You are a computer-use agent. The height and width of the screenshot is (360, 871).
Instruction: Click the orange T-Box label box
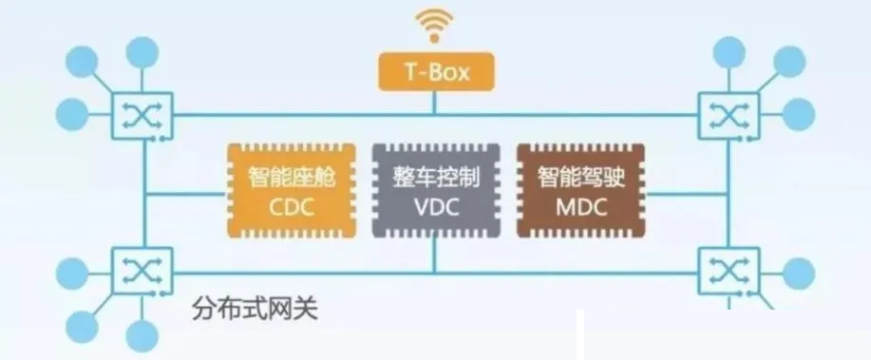pos(436,71)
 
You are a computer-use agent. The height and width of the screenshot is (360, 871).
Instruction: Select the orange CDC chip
pos(292,191)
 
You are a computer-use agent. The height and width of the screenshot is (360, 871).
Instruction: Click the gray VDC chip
pos(436,191)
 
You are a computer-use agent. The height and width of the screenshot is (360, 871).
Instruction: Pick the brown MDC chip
pos(581,191)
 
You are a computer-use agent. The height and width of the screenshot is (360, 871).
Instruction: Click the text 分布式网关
pos(255,309)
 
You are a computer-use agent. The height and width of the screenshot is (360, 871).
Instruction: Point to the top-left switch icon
pos(142,116)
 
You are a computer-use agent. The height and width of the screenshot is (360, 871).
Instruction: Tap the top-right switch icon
pos(729,116)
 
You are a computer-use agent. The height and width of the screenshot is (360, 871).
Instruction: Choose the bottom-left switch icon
pos(142,271)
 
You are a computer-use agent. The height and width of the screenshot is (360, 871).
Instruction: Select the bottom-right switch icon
pos(729,271)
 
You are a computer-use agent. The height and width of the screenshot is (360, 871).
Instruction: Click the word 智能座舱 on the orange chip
pos(292,178)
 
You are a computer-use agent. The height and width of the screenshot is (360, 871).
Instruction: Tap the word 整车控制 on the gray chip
pos(436,178)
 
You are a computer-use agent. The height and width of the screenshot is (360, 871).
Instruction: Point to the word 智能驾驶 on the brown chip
pos(581,178)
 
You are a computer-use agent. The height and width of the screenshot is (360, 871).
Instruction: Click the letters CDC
pos(292,208)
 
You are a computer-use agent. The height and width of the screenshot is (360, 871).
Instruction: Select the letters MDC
pos(581,208)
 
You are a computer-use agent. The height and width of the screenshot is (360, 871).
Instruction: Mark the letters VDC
pos(437,208)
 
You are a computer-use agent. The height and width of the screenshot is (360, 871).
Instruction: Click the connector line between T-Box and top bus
pos(435,103)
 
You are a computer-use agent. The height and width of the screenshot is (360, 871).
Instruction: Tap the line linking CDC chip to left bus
pos(185,195)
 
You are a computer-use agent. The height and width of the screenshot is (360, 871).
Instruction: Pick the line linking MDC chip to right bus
pos(687,195)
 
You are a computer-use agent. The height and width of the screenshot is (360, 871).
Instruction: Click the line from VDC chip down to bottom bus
pos(435,256)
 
